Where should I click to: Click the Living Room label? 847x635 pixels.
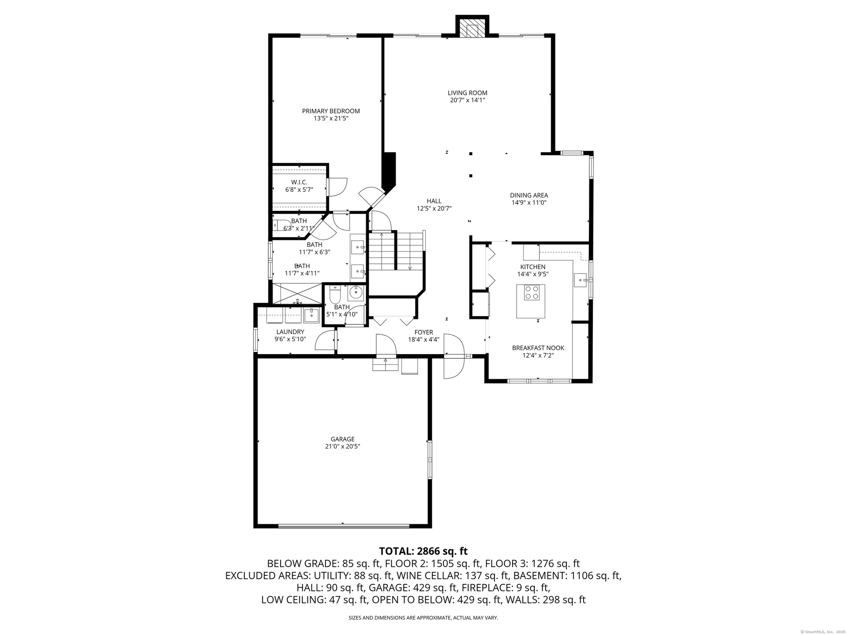point(467,93)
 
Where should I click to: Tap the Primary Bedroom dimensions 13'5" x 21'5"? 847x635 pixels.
point(331,119)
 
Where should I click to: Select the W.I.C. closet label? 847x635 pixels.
point(299,182)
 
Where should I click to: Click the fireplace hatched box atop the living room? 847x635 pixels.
point(472,30)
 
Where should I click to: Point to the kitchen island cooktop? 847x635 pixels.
point(531,292)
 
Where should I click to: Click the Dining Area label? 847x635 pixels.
point(529,195)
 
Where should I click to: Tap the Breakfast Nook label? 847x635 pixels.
point(538,348)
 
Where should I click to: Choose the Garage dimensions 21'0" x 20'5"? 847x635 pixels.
point(343,446)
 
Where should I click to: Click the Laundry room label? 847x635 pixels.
point(290,332)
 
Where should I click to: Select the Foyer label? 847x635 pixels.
point(423,332)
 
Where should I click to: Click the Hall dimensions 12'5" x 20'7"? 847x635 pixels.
point(434,209)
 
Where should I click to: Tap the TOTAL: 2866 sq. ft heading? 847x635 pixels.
point(423,551)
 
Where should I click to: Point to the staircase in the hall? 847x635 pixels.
point(396,251)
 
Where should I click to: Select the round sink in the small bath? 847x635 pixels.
point(355,292)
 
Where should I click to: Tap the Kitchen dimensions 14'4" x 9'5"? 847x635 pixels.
point(533,274)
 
